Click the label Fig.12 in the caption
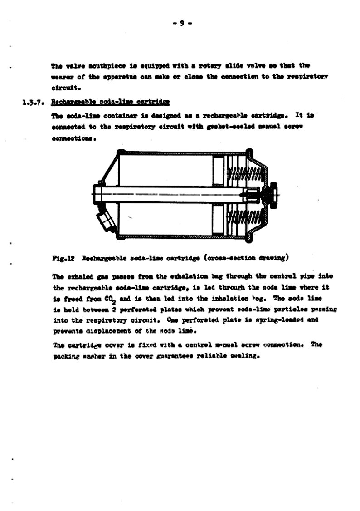point(63,258)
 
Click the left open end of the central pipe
point(97,194)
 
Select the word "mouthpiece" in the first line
point(100,66)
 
